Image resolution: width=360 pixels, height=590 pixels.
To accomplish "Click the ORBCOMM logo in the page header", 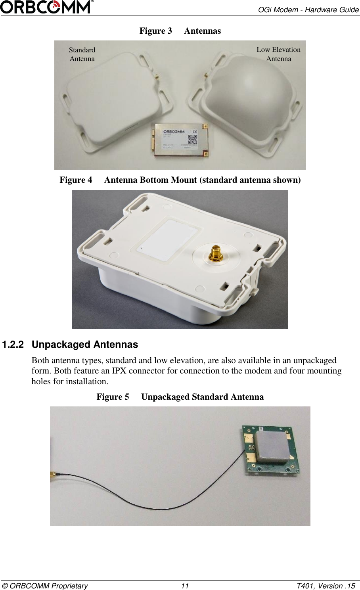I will (47, 7).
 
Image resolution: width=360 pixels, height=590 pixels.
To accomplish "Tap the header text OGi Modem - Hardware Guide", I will (308, 10).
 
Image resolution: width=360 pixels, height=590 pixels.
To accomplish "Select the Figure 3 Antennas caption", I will (180, 31).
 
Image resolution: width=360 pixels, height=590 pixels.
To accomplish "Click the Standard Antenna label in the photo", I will (82, 54).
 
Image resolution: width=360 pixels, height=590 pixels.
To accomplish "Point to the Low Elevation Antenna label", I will (278, 54).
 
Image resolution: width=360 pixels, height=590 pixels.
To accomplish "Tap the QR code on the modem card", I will (193, 140).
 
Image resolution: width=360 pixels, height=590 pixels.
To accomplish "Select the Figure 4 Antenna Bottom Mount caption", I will (180, 180).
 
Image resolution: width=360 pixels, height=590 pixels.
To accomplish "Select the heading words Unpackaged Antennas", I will (85, 345).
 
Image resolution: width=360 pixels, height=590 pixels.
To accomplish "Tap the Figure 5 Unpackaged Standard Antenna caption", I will (180, 397).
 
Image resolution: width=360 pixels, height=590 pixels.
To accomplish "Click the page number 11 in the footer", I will (185, 586).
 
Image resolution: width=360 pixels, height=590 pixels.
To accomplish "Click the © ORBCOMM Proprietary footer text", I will (45, 586).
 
